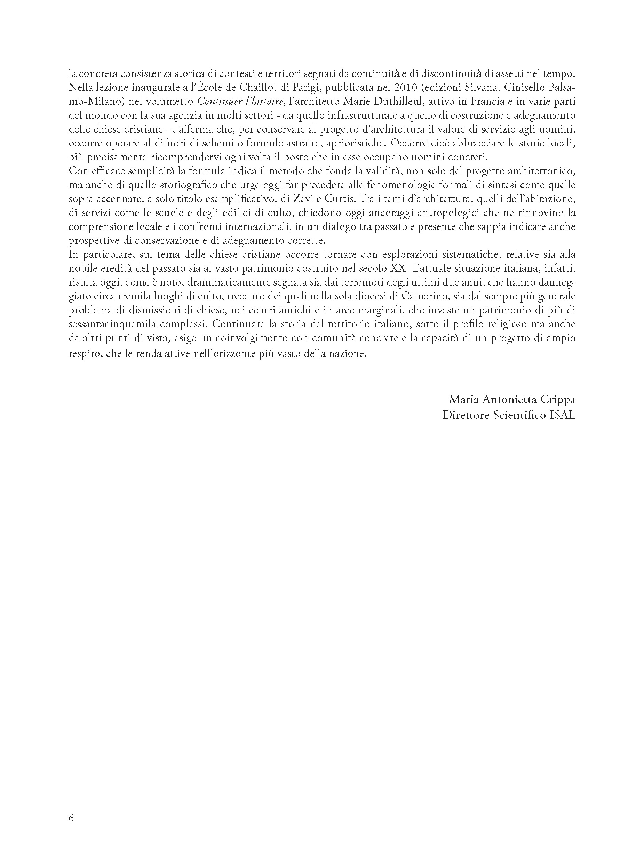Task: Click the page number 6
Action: click(71, 818)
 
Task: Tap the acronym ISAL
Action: click(563, 415)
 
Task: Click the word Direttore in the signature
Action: click(466, 415)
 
